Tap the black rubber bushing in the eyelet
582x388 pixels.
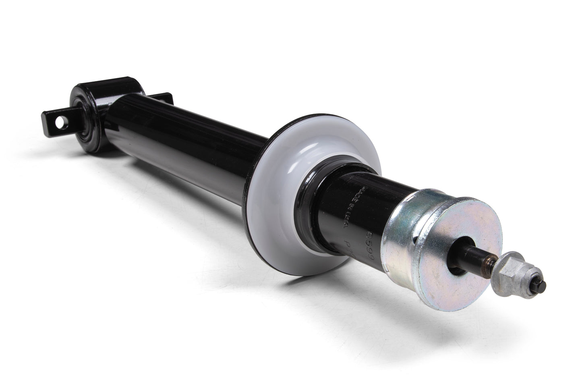[x=87, y=121]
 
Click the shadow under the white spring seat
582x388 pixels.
[x=318, y=282]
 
